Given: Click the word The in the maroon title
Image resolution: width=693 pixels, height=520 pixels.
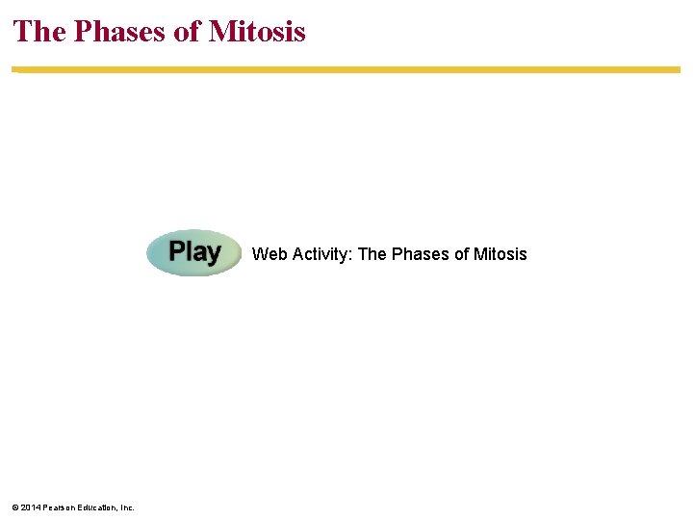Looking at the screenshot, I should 39,32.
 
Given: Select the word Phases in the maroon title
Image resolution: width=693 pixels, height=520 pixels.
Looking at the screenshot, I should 118,32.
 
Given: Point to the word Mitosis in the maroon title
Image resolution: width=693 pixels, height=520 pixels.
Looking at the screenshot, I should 257,32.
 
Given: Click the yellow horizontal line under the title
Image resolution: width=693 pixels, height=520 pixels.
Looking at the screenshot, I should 346,69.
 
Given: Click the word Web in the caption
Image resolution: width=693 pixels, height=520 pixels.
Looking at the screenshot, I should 269,254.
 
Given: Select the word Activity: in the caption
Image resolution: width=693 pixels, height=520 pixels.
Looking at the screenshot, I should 321,254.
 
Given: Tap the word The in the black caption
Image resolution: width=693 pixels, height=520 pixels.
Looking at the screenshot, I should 372,254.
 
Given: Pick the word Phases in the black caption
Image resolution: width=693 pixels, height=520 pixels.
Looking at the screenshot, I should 420,254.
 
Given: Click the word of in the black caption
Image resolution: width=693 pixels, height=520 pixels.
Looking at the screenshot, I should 461,254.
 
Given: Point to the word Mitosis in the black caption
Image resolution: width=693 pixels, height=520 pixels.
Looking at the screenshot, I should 500,254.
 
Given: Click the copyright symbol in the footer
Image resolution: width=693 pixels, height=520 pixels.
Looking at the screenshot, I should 15,507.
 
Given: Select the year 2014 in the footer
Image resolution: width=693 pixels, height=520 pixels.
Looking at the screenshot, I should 30,507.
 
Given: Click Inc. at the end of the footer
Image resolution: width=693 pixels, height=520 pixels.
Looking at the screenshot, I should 127,507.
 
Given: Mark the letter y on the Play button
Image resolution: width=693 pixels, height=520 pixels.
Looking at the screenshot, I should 213,254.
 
